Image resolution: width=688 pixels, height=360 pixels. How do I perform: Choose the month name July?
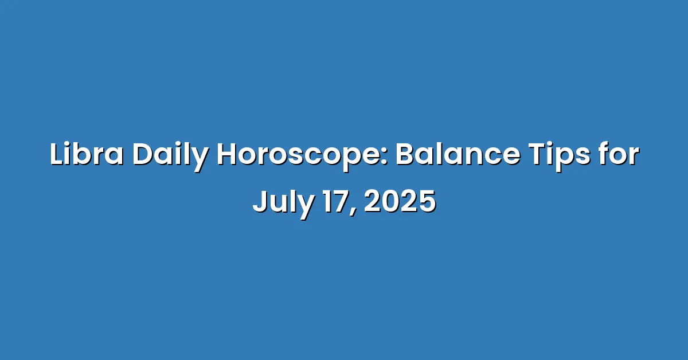click(283, 204)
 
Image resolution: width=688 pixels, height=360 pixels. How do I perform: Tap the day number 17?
click(337, 202)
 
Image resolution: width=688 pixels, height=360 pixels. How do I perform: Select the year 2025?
click(400, 202)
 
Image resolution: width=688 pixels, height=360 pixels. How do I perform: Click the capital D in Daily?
click(143, 155)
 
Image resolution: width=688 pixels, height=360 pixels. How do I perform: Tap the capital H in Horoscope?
click(228, 155)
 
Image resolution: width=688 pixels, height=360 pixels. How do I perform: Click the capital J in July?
click(260, 202)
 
